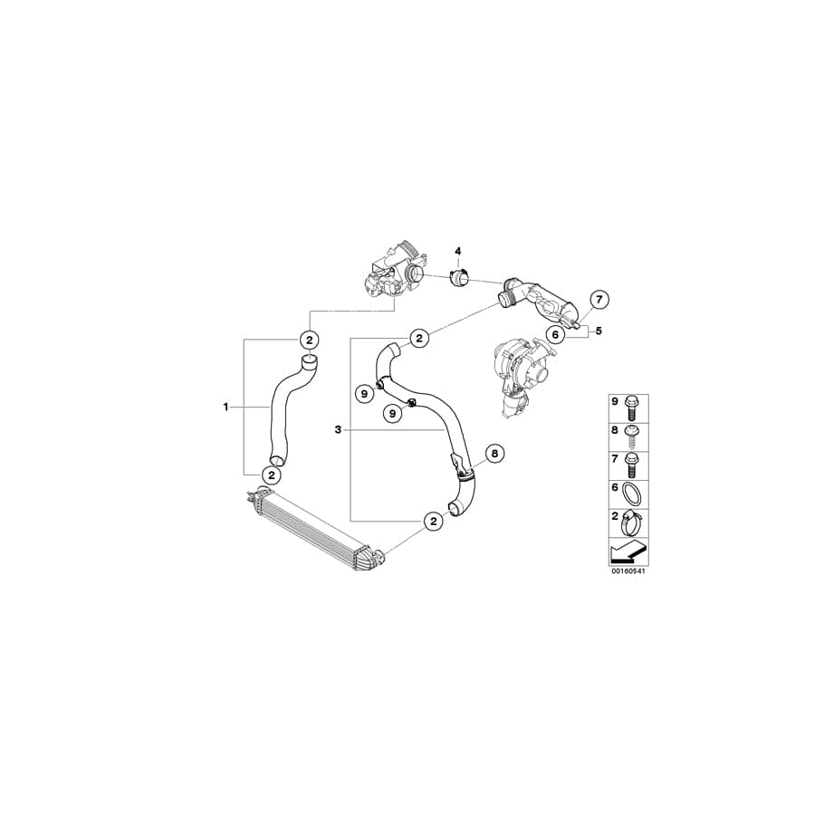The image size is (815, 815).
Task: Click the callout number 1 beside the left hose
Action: (225, 407)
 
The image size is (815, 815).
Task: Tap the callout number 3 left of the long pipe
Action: (337, 430)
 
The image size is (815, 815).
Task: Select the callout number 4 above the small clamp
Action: (458, 250)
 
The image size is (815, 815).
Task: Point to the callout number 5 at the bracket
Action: (599, 331)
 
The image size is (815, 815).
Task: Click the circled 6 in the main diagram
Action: (556, 334)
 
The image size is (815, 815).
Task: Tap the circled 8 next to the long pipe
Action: (494, 453)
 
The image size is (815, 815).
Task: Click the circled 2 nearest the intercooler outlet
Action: (434, 521)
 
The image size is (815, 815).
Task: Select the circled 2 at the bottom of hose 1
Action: (271, 474)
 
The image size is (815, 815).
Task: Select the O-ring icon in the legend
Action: (635, 493)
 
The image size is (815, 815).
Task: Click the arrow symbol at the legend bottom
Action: (628, 550)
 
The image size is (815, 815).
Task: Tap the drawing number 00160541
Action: (628, 571)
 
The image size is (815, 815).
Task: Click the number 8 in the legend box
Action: (616, 431)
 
